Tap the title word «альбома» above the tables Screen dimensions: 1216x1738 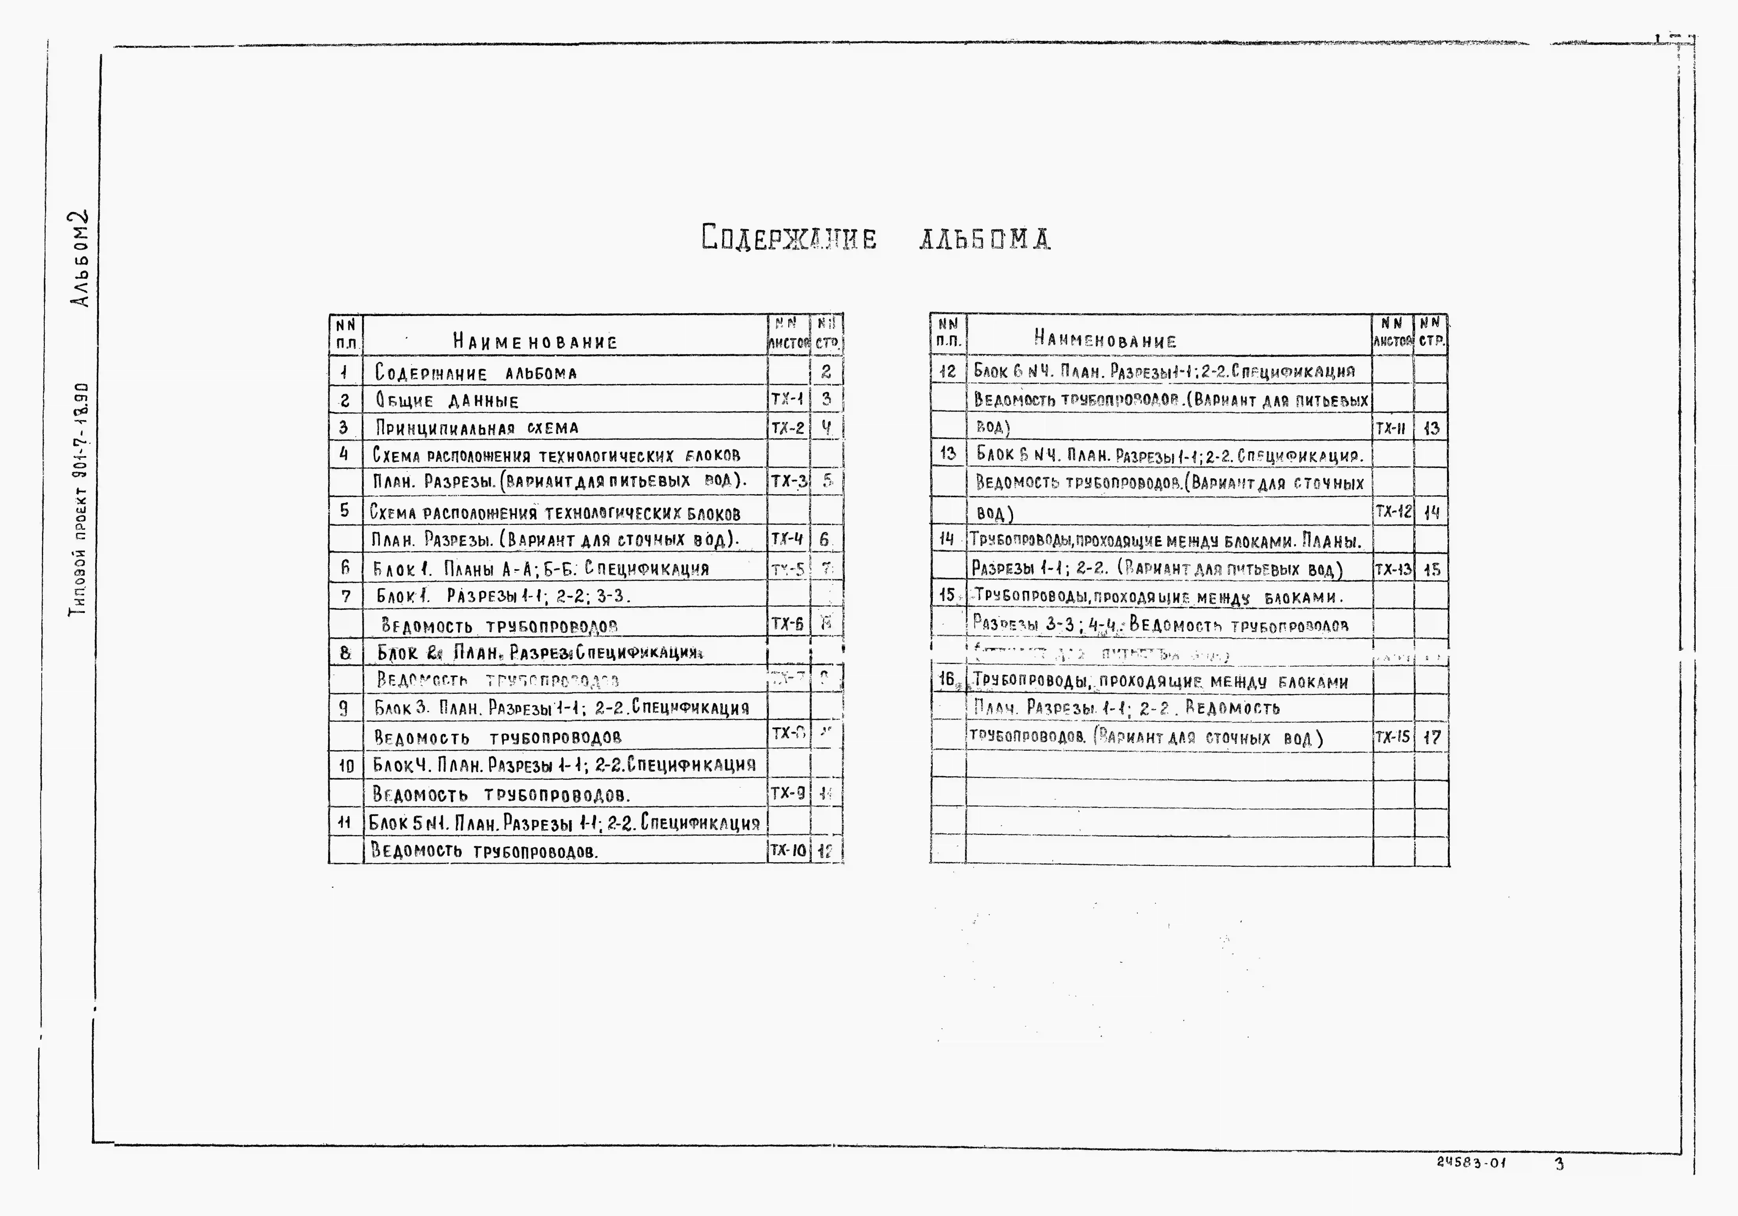[x=984, y=239]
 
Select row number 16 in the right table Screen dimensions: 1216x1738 [x=947, y=680]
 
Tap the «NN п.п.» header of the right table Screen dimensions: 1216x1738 [x=948, y=333]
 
